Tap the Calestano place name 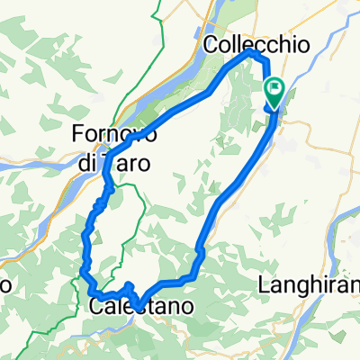coord(135,307)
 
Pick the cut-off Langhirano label coord(309,287)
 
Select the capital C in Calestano coord(98,307)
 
